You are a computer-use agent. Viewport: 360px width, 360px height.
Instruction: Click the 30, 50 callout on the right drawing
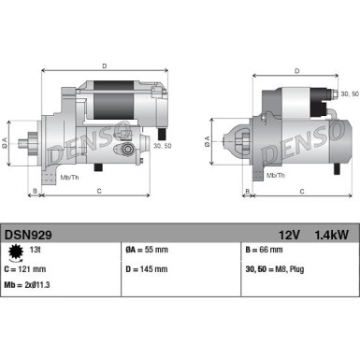pyautogui.click(x=350, y=94)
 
